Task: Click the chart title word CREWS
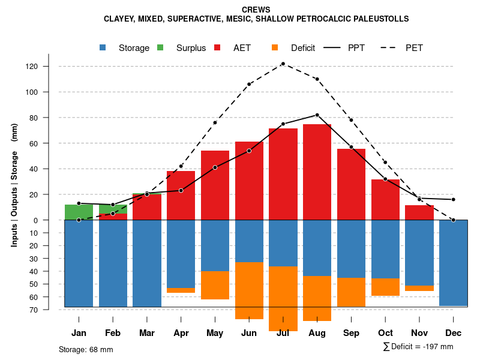click(256, 10)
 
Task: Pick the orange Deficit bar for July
click(283, 298)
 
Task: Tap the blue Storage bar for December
click(454, 263)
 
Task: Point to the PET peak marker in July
click(283, 64)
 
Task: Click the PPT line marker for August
click(317, 115)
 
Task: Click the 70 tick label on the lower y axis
click(35, 310)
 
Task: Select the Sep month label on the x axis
click(351, 333)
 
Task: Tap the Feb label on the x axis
click(113, 333)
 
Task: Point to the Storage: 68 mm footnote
click(86, 349)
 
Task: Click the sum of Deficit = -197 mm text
click(418, 347)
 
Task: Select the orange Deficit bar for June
click(249, 290)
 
